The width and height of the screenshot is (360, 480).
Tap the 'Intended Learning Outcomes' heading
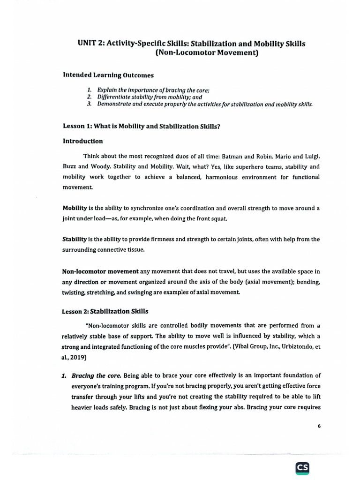pyautogui.click(x=108, y=75)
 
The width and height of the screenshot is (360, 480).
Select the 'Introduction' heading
pyautogui.click(x=83, y=141)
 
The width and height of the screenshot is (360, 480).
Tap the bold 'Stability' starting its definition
pyautogui.click(x=75, y=240)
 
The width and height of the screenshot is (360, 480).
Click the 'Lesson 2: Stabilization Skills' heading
pyautogui.click(x=105, y=311)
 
